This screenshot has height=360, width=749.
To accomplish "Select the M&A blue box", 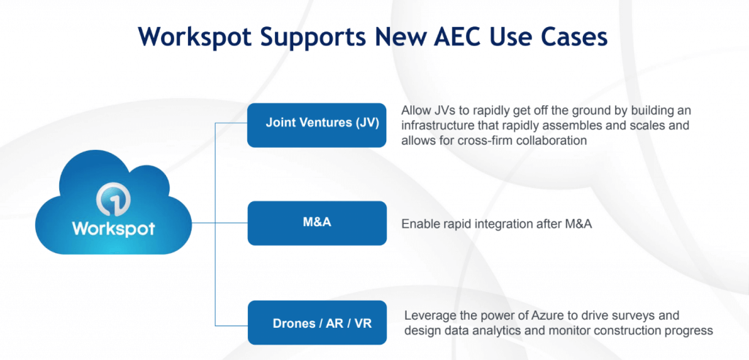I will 317,222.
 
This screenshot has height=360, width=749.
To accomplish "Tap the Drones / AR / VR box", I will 317,322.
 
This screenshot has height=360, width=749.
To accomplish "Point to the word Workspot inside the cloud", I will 113,228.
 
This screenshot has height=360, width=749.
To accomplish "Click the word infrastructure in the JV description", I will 437,126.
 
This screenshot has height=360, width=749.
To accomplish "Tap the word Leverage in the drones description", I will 429,315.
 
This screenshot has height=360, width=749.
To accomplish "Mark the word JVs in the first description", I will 445,110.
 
